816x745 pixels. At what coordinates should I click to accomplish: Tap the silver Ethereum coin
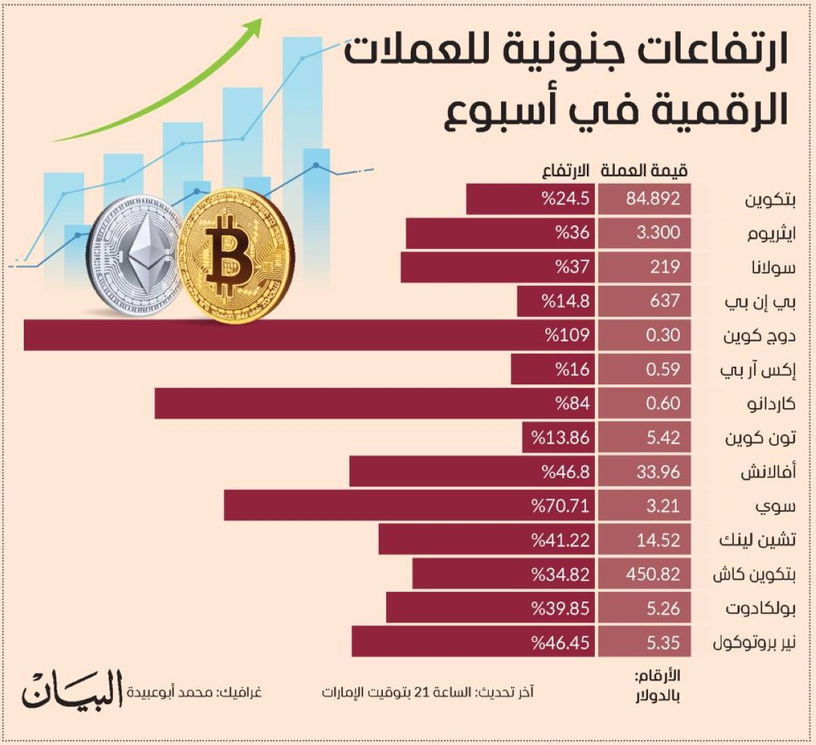point(136,256)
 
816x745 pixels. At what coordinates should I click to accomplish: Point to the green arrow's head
point(254,26)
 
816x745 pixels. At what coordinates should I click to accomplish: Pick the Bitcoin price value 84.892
point(653,199)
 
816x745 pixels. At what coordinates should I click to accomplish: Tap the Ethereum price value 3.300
point(658,233)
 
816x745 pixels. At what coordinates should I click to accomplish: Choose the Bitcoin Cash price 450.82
point(653,574)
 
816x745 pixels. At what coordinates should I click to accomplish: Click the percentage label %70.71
point(560,506)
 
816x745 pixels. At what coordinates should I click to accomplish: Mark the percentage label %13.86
point(560,437)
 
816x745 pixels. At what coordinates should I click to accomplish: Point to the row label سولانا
point(773,267)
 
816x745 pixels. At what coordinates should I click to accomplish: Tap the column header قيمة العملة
point(643,170)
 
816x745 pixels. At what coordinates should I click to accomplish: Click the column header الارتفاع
point(565,170)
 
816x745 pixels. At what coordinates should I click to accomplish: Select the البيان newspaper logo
point(72,689)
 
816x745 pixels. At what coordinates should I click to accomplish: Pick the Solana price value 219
point(664,267)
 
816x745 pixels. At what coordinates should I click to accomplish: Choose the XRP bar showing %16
point(552,369)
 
